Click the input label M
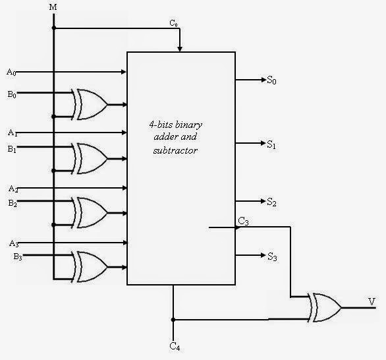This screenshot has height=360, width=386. tap(53, 7)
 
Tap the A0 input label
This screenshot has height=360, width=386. tap(11, 71)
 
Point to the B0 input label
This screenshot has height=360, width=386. tap(11, 94)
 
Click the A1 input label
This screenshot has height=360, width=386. tap(11, 133)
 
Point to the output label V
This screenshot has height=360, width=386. tap(372, 301)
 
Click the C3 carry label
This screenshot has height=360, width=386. tap(243, 222)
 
